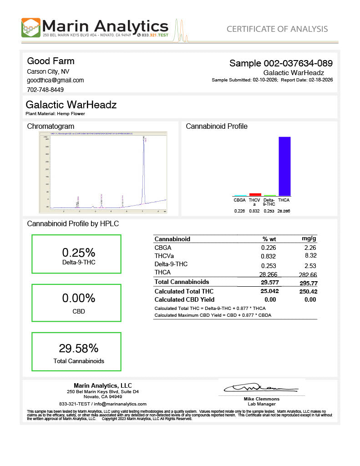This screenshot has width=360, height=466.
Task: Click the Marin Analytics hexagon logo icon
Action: [31, 27]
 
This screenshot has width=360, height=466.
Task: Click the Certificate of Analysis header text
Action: [277, 29]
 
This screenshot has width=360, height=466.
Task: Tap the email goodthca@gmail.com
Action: [55, 80]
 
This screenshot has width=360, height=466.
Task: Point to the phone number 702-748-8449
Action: [46, 90]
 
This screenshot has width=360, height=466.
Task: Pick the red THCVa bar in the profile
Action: [255, 194]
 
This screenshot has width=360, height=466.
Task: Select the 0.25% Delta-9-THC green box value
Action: [78, 253]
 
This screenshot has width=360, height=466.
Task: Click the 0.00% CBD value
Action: [78, 298]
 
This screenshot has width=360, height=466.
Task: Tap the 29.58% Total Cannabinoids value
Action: [78, 348]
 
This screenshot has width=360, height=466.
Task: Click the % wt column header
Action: [269, 239]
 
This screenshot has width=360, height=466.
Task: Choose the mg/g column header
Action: [309, 238]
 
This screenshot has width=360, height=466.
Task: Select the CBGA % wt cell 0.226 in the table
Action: [269, 248]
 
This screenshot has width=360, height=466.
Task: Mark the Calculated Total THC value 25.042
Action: [269, 291]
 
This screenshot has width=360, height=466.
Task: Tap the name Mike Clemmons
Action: [262, 399]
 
